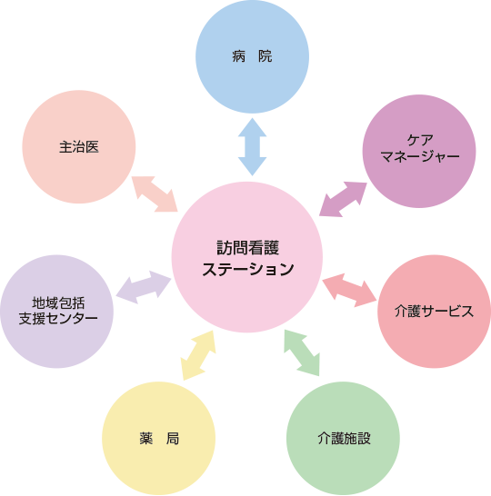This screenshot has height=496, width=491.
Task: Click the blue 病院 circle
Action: tap(252, 56)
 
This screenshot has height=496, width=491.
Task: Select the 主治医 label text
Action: tap(79, 147)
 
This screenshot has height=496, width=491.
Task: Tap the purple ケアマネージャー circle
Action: tap(419, 151)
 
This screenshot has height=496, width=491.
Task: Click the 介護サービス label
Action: tap(434, 312)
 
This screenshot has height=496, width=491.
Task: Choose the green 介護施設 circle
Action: tap(343, 438)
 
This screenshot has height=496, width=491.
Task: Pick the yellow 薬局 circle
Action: tap(158, 438)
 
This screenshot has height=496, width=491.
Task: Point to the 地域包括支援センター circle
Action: tap(57, 312)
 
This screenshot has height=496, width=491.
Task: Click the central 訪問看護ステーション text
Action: tap(248, 258)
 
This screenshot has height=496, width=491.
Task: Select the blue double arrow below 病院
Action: tap(252, 147)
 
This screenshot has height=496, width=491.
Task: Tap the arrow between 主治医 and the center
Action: tap(155, 193)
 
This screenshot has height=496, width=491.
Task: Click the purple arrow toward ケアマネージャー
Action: tap(343, 199)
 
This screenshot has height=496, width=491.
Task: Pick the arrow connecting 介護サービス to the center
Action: tap(349, 290)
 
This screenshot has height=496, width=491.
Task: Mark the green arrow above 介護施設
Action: tap(302, 352)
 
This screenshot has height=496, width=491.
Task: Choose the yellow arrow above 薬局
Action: tap(198, 355)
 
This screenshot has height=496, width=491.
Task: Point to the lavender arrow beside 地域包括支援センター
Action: tap(144, 287)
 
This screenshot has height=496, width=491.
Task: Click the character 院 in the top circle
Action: tap(265, 56)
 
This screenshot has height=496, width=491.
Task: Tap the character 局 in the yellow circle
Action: tap(172, 439)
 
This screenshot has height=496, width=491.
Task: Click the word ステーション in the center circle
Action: tap(248, 269)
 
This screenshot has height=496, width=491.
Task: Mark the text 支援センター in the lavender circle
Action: tap(58, 319)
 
